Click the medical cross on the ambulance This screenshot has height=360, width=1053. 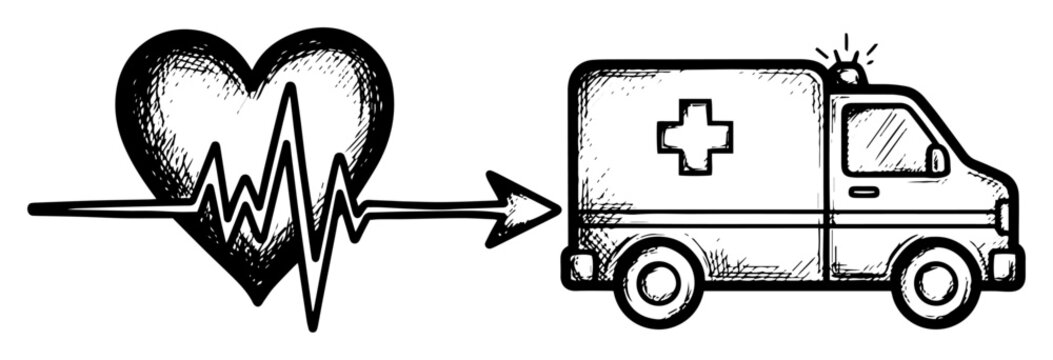point(694,135)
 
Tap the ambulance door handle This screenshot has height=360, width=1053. point(863,191)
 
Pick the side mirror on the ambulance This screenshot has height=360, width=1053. point(937,159)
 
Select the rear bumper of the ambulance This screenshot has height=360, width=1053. point(581,265)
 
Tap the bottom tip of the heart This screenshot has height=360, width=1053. point(259,298)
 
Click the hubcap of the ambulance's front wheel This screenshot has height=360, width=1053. point(937,281)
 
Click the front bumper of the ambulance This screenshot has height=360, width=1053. point(1004,266)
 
